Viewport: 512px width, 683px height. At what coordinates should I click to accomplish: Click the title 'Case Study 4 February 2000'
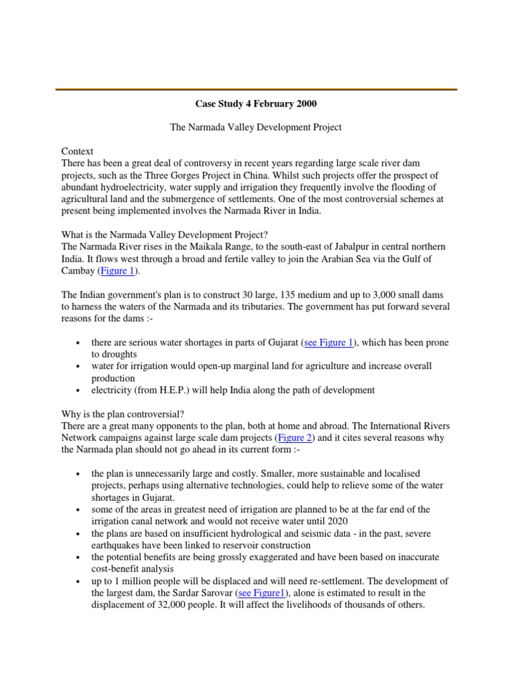coord(255,104)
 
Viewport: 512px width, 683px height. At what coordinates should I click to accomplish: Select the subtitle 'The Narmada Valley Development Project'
coord(255,127)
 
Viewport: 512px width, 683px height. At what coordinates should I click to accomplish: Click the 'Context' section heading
coord(78,151)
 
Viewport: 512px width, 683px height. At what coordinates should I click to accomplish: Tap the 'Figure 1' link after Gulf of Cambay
coord(118,271)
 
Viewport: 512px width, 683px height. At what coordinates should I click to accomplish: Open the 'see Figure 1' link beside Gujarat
coord(328,343)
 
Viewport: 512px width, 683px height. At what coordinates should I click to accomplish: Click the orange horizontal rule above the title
coord(255,89)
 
